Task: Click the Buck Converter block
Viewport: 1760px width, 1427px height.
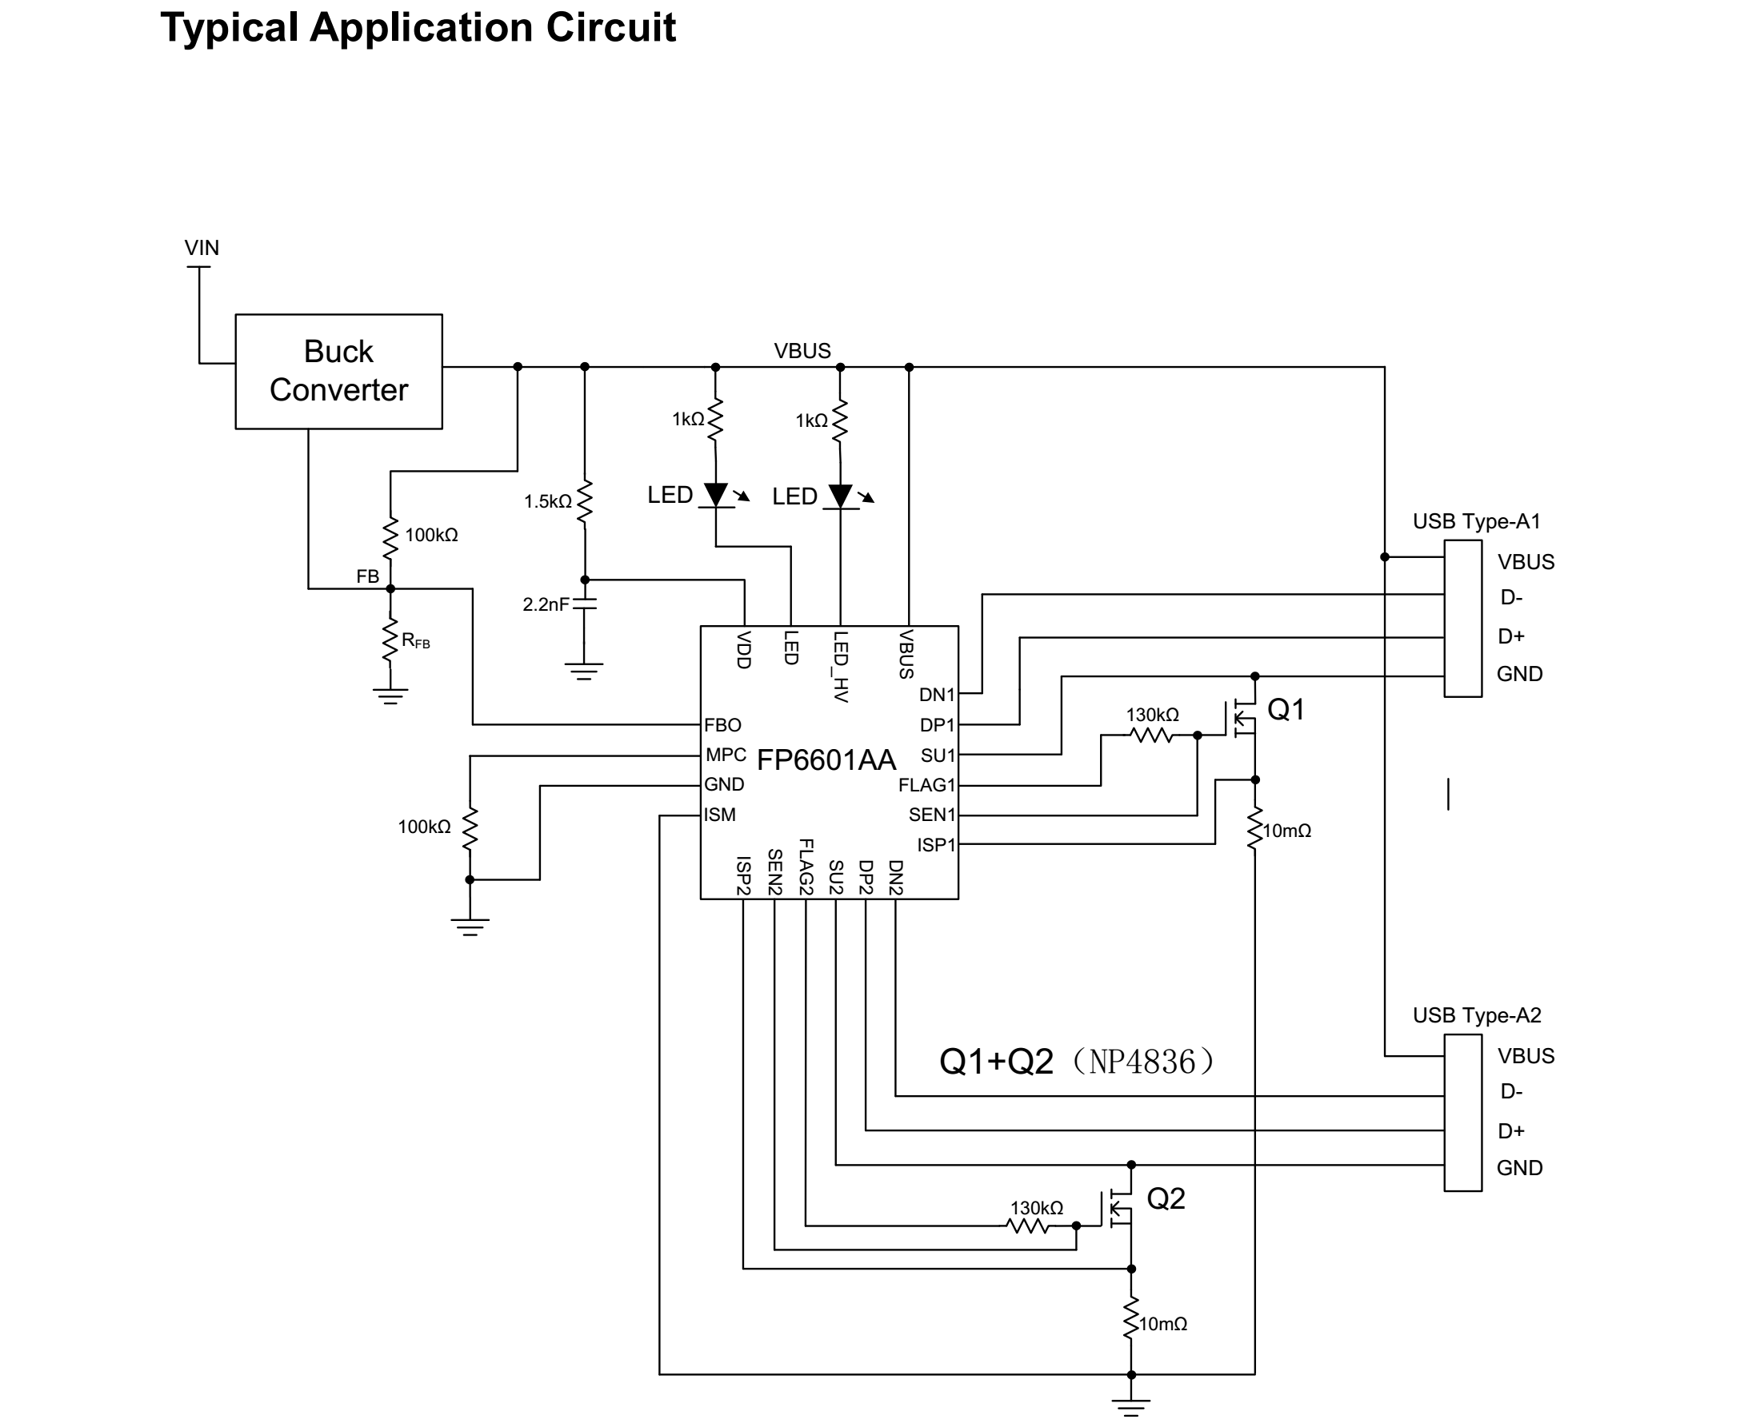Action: pos(338,371)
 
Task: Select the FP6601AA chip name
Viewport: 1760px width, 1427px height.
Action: pos(825,759)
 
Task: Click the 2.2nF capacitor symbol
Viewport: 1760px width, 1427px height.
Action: pos(584,604)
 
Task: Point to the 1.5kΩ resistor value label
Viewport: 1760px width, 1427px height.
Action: pos(547,500)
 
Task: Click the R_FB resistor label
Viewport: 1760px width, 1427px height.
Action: pos(415,640)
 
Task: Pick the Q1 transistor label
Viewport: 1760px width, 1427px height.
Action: pos(1286,709)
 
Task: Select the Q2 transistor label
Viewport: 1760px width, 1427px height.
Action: pos(1166,1198)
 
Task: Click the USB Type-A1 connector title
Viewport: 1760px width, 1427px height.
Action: pos(1475,521)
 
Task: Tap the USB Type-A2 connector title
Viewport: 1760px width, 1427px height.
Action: pos(1476,1015)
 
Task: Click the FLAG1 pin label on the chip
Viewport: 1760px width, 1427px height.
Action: pos(926,785)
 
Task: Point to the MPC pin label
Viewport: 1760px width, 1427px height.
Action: pos(726,755)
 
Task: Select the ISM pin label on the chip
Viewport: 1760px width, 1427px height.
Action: pos(720,815)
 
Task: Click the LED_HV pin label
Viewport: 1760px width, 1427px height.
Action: pos(840,666)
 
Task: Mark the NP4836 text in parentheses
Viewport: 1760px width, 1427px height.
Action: pos(1142,1061)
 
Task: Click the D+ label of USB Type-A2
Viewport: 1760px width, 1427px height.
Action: pos(1511,1131)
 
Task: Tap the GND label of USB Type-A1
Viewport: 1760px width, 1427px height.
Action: pos(1519,674)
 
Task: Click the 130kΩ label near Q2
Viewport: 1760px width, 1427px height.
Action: pos(1036,1207)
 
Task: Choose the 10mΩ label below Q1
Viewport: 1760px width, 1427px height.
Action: pos(1286,831)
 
